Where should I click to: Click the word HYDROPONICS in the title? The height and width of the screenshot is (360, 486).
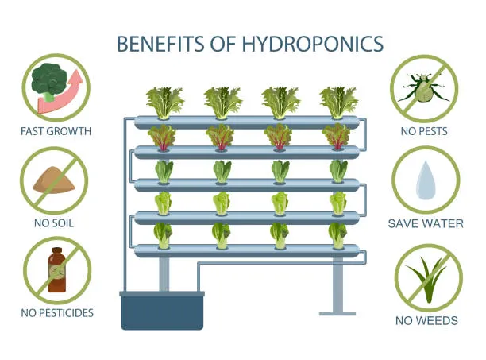[312, 44]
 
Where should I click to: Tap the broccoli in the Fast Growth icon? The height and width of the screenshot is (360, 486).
[49, 81]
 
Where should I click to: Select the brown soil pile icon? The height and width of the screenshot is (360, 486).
[54, 180]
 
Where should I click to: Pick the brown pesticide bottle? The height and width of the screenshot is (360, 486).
[56, 269]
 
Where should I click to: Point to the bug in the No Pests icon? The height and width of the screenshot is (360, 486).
[424, 87]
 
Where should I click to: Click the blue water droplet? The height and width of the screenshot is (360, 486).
[426, 180]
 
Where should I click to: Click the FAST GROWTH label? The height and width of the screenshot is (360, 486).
[56, 131]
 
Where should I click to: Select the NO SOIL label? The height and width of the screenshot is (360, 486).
[54, 223]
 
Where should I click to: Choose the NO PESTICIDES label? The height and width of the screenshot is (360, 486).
[57, 313]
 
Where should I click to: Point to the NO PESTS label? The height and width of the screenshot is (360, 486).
[424, 131]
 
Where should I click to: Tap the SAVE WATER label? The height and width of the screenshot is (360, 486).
[426, 223]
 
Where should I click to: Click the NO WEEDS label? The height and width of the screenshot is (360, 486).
[426, 320]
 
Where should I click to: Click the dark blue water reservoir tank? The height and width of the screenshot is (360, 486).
[162, 311]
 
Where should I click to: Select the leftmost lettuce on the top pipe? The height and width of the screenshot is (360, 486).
[165, 103]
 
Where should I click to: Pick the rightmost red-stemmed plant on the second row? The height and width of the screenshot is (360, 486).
[337, 137]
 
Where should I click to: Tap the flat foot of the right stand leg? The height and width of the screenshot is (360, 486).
[337, 314]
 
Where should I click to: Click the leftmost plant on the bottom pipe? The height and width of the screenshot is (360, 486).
[163, 235]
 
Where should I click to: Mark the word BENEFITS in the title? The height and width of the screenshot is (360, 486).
[161, 44]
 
